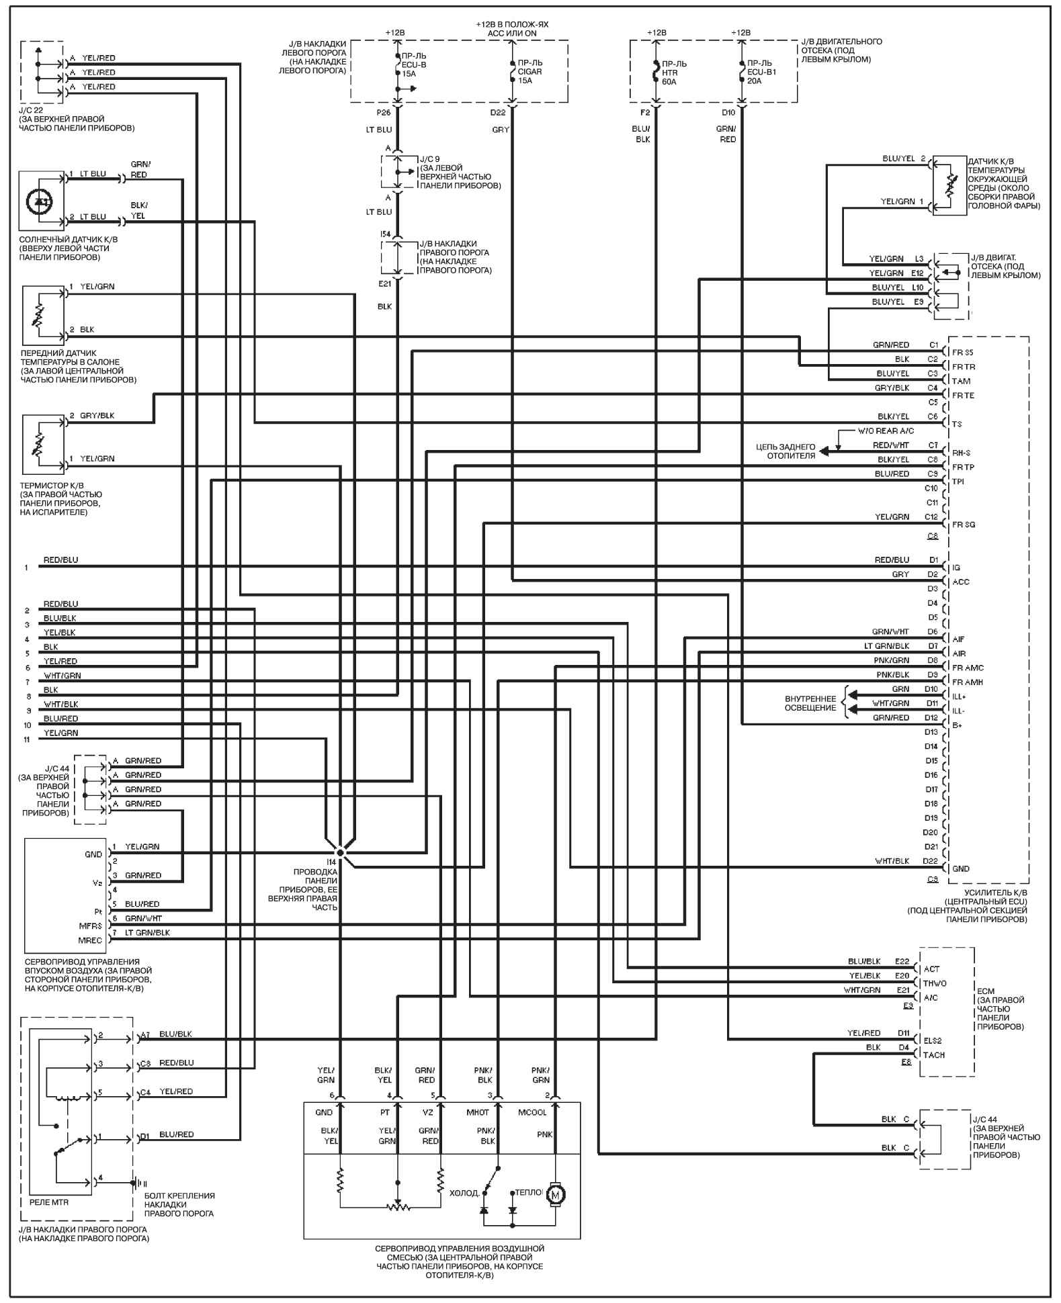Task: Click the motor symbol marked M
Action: tap(555, 1194)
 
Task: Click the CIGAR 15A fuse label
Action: tap(529, 71)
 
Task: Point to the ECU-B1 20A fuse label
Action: tap(761, 72)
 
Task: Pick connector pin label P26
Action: tap(384, 112)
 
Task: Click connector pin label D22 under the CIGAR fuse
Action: tap(498, 112)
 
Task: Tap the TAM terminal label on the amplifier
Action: tap(961, 381)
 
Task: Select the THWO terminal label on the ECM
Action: tap(935, 983)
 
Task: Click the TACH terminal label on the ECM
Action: tap(934, 1054)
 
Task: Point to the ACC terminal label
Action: tap(961, 582)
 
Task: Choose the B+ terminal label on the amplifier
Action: tap(958, 725)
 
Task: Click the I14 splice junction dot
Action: tap(341, 852)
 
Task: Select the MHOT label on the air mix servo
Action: tap(478, 1112)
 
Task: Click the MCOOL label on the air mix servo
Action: tap(532, 1112)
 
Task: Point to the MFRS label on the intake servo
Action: tap(91, 926)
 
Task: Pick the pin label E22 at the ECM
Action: tap(902, 961)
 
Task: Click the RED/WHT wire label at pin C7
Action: tap(891, 445)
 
